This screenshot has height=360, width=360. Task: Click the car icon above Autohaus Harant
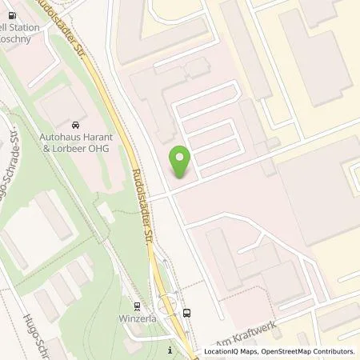point(74,126)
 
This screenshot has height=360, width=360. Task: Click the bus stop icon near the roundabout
point(186,313)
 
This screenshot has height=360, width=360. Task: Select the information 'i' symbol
point(170,350)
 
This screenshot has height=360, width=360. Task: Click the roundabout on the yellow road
point(168,303)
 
